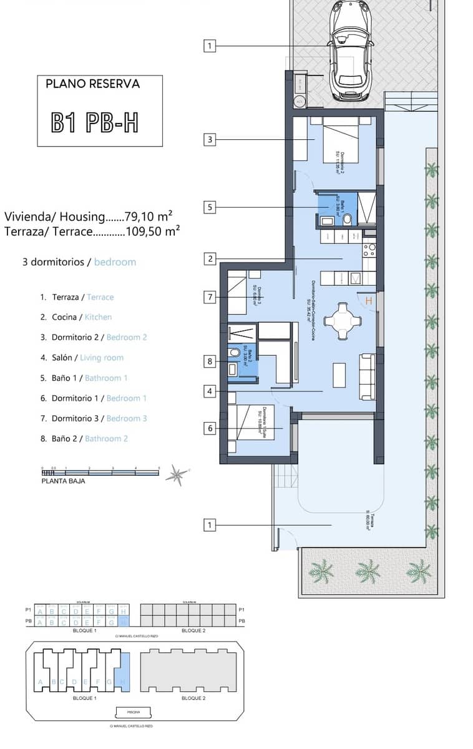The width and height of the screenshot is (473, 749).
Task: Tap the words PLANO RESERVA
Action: coord(93,84)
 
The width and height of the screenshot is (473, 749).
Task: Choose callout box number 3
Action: coord(210,139)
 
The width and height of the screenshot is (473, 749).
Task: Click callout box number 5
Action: coord(210,207)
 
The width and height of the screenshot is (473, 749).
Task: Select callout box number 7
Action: coord(210,297)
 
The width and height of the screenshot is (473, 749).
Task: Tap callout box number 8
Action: coord(210,360)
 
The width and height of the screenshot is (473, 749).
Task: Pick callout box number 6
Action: coord(210,428)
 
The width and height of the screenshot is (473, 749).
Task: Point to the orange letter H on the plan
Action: coord(369,301)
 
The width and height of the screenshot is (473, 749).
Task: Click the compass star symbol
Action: coord(177,475)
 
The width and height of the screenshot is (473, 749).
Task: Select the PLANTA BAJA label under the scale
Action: coord(63,481)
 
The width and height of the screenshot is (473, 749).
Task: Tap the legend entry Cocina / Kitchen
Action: coord(76,317)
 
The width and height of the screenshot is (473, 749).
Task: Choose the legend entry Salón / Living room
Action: coord(82,358)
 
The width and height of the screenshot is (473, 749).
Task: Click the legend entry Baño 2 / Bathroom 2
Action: coord(84,439)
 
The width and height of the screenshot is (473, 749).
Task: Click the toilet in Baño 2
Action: coord(235,353)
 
